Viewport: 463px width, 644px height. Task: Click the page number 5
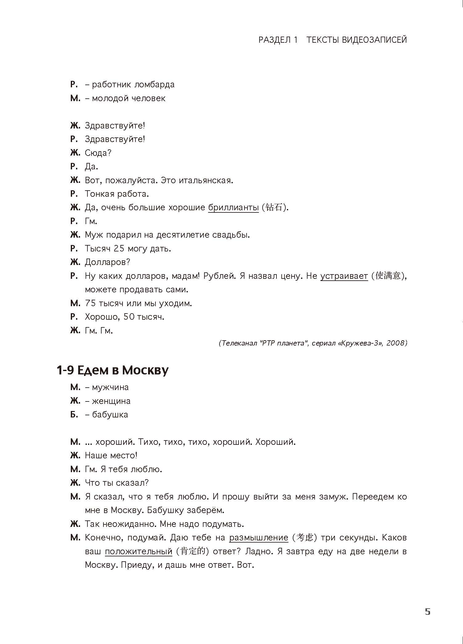[x=428, y=612]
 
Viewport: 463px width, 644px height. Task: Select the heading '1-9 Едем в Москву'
[x=113, y=370]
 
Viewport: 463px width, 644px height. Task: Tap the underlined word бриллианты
[x=233, y=207]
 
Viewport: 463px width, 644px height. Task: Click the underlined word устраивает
[x=344, y=276]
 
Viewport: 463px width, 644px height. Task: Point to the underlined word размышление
[x=259, y=538]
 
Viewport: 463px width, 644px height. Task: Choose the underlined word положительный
[x=139, y=551]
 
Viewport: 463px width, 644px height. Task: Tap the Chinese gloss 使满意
[x=388, y=276]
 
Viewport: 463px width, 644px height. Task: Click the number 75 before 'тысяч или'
[x=91, y=303]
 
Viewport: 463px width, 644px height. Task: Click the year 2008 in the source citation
[x=396, y=343]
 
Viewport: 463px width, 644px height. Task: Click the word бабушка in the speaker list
[x=110, y=415]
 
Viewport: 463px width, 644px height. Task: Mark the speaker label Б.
[x=74, y=415]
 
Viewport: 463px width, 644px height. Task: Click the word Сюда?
[x=98, y=153]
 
